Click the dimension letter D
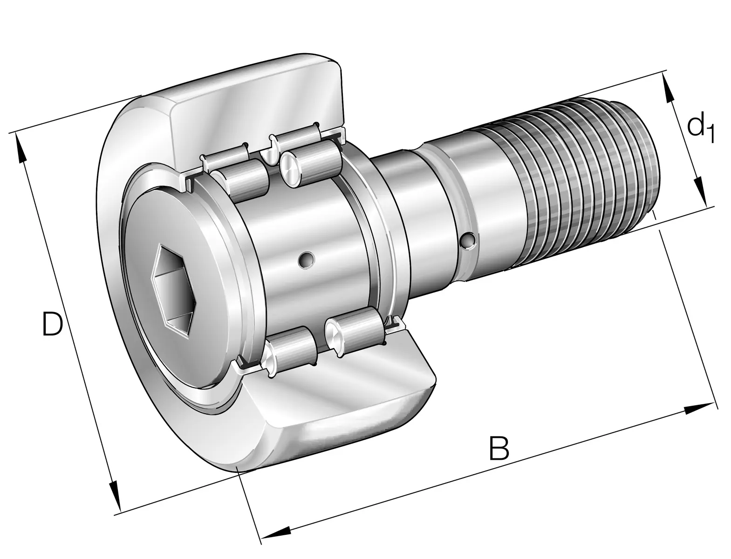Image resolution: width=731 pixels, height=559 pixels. tap(52, 323)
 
